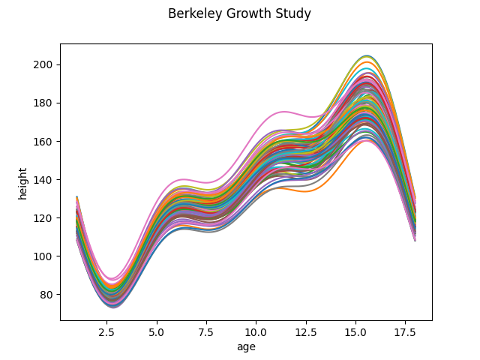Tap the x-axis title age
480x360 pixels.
(x=246, y=347)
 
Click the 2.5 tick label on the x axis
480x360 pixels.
(x=106, y=331)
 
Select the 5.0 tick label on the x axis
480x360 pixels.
(x=157, y=331)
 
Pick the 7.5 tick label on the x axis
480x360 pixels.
(x=206, y=331)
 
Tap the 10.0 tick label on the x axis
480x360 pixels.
(x=256, y=331)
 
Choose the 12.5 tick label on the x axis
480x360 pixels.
(x=306, y=331)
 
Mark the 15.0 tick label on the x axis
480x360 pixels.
(x=355, y=331)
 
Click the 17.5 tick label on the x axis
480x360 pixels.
(x=406, y=331)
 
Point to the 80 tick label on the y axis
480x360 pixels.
(x=46, y=295)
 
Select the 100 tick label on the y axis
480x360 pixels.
(x=44, y=256)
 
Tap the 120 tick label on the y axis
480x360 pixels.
(x=44, y=218)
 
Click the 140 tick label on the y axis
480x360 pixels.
(x=44, y=180)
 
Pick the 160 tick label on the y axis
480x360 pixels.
(x=44, y=142)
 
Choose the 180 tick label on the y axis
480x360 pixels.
(x=44, y=103)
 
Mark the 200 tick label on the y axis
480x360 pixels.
(x=44, y=64)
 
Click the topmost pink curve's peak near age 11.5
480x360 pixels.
(x=283, y=112)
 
